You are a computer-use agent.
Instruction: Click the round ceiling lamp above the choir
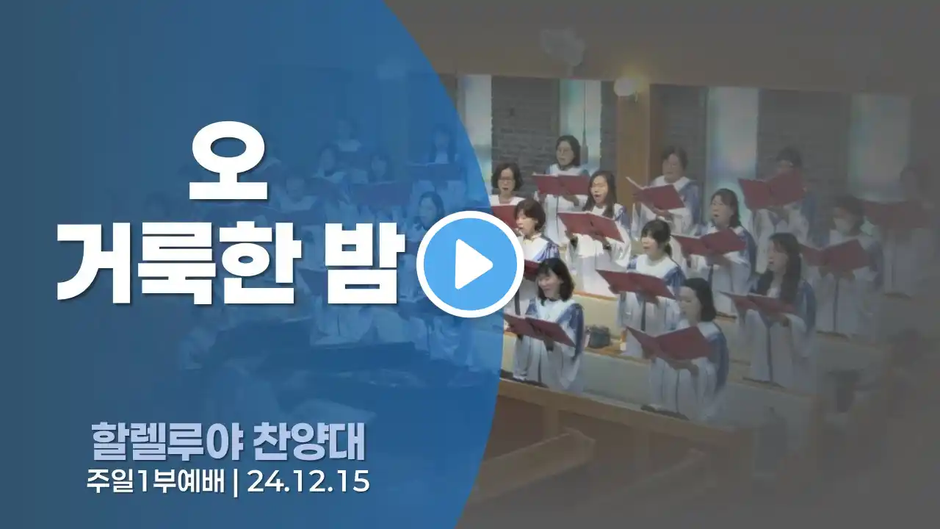[625, 85]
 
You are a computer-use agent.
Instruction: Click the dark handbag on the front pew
[601, 337]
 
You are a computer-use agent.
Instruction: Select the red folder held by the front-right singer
[670, 343]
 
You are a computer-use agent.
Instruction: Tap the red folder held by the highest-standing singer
[562, 184]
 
